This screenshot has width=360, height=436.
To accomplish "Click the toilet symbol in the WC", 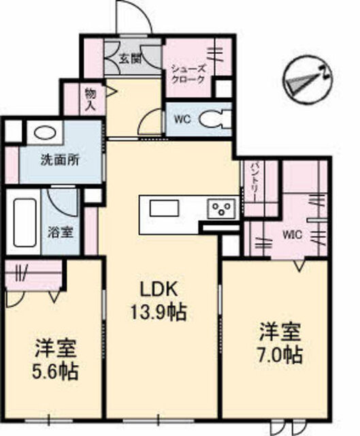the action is coord(215,120).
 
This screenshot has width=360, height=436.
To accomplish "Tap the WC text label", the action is coord(182,120).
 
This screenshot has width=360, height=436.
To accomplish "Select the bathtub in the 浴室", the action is coord(24,223).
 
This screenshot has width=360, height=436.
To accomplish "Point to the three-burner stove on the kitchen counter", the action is coord(223,208).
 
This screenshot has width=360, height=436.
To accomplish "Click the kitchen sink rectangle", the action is coord(165,208).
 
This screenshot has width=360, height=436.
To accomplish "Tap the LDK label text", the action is coord(159,290).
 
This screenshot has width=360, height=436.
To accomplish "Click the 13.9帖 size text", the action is coord(159,312).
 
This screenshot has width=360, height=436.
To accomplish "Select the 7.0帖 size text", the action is coord(280,355).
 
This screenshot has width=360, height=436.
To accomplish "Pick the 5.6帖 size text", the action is coord(55,371).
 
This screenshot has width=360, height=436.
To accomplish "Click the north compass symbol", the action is coord(308,80).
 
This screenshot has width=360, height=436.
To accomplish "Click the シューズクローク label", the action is coord(189,74).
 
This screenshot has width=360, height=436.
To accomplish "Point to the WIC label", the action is coord(292,235).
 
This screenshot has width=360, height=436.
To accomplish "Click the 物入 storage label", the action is coord(91,99).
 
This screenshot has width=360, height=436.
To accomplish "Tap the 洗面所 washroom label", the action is coord(60,161).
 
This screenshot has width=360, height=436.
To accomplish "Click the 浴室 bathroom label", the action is coord(61,232).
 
